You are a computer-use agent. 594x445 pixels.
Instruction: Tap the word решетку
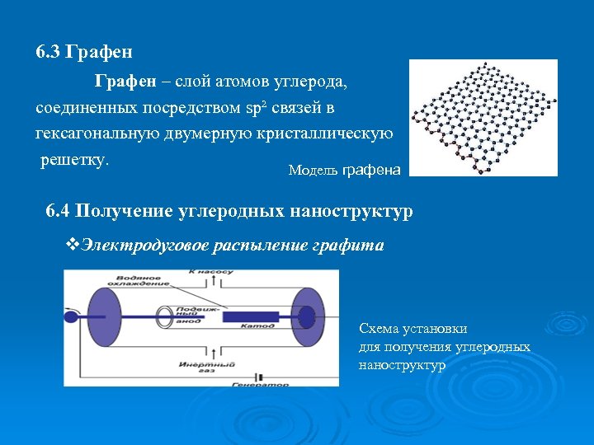[75, 159]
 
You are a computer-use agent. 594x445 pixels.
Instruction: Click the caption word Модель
[313, 171]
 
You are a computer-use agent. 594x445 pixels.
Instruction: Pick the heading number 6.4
[59, 211]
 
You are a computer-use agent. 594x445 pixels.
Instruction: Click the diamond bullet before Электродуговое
[71, 245]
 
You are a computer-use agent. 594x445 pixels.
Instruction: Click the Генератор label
[260, 384]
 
